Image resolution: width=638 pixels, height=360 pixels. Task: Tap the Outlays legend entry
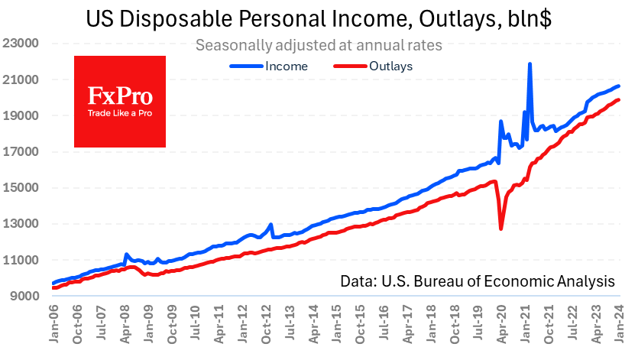pos(374,66)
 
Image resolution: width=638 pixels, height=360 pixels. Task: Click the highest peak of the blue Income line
pos(530,64)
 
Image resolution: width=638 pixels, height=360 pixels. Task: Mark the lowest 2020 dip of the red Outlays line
pos(501,229)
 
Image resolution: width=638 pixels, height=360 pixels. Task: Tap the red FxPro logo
pos(120,101)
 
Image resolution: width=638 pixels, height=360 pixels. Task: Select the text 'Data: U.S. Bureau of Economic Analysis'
pos(478,281)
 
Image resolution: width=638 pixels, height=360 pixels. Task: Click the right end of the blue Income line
pos(619,86)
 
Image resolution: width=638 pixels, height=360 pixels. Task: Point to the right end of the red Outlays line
pos(619,99)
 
